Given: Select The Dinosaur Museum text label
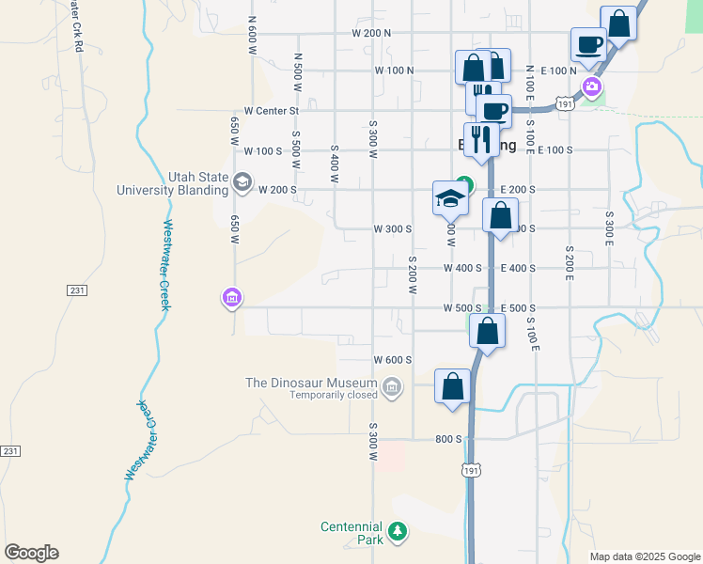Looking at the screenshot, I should point(310,383).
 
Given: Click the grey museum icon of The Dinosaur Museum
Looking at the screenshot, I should point(392,384).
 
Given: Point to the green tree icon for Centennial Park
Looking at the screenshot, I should point(398,532).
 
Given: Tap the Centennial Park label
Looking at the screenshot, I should point(351,533).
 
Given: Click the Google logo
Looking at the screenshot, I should point(31,553).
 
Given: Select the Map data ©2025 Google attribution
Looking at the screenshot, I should point(644,556).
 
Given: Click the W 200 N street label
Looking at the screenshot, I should point(370,33).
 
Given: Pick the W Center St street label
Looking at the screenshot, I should point(271,110).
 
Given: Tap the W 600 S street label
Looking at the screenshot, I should point(393,360).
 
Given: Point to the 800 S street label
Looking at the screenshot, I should point(446,439).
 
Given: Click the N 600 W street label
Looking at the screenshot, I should point(253,37).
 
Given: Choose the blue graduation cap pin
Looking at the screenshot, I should point(450,198).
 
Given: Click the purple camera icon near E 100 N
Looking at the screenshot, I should point(592,88).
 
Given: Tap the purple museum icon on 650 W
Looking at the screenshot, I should point(231,299).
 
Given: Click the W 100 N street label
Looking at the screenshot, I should point(394,70).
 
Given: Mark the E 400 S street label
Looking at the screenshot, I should point(518,268).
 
